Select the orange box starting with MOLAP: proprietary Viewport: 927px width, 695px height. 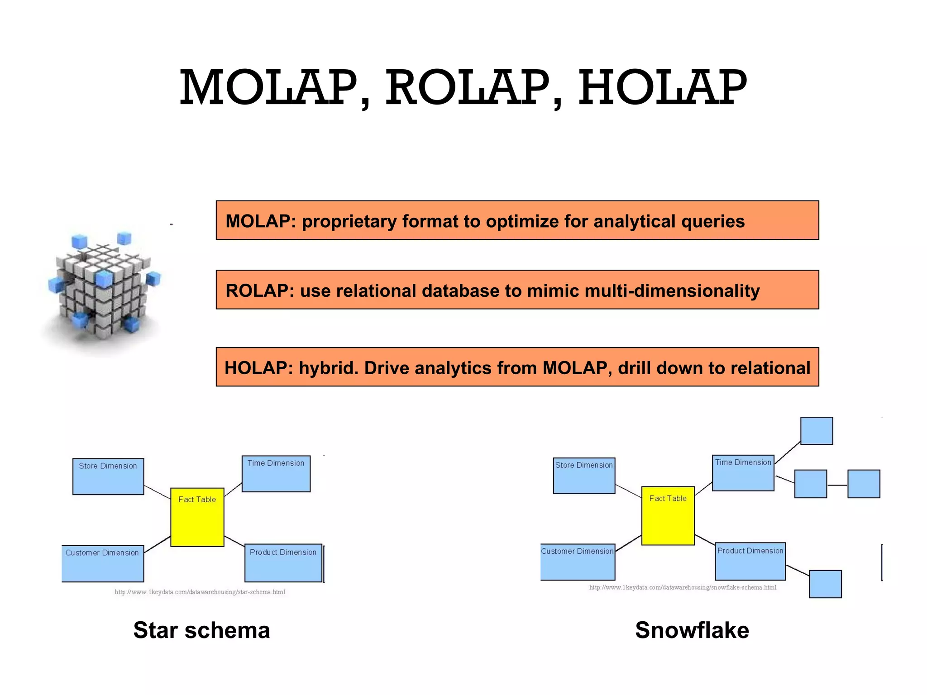tap(517, 220)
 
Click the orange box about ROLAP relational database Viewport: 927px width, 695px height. tap(517, 290)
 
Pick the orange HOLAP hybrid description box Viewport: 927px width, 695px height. tap(517, 367)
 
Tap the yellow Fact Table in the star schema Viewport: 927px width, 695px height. tap(197, 517)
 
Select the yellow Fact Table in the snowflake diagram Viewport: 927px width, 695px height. tap(668, 516)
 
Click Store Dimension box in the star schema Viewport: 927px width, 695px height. tap(108, 476)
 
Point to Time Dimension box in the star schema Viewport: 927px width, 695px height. tap(276, 474)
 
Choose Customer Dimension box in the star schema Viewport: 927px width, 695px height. tap(103, 563)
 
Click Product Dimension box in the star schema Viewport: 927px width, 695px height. tap(283, 563)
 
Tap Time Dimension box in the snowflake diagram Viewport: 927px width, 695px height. tap(743, 473)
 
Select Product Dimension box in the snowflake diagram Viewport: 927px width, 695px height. tap(750, 562)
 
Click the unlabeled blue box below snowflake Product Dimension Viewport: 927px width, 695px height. tap(825, 584)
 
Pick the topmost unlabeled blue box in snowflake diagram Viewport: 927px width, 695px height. tap(817, 431)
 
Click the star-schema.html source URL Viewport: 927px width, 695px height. tap(200, 592)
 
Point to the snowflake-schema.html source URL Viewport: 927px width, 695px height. tap(683, 587)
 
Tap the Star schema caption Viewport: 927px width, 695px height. tap(201, 630)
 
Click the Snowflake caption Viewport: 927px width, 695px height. tap(692, 630)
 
